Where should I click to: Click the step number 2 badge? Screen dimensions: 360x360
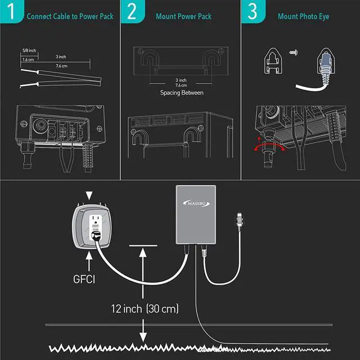(x=131, y=12)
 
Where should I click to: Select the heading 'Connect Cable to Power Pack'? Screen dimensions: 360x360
(x=70, y=16)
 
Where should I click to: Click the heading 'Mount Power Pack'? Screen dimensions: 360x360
(x=183, y=16)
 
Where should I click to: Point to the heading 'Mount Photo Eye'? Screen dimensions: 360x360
(x=303, y=16)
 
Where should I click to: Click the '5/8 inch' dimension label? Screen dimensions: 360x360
(x=29, y=51)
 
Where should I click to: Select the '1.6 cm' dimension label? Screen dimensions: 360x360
(x=28, y=59)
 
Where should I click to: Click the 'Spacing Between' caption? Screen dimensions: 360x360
(x=181, y=93)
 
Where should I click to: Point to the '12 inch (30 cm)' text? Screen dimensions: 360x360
(x=144, y=309)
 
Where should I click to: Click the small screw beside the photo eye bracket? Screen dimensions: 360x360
(x=293, y=52)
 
